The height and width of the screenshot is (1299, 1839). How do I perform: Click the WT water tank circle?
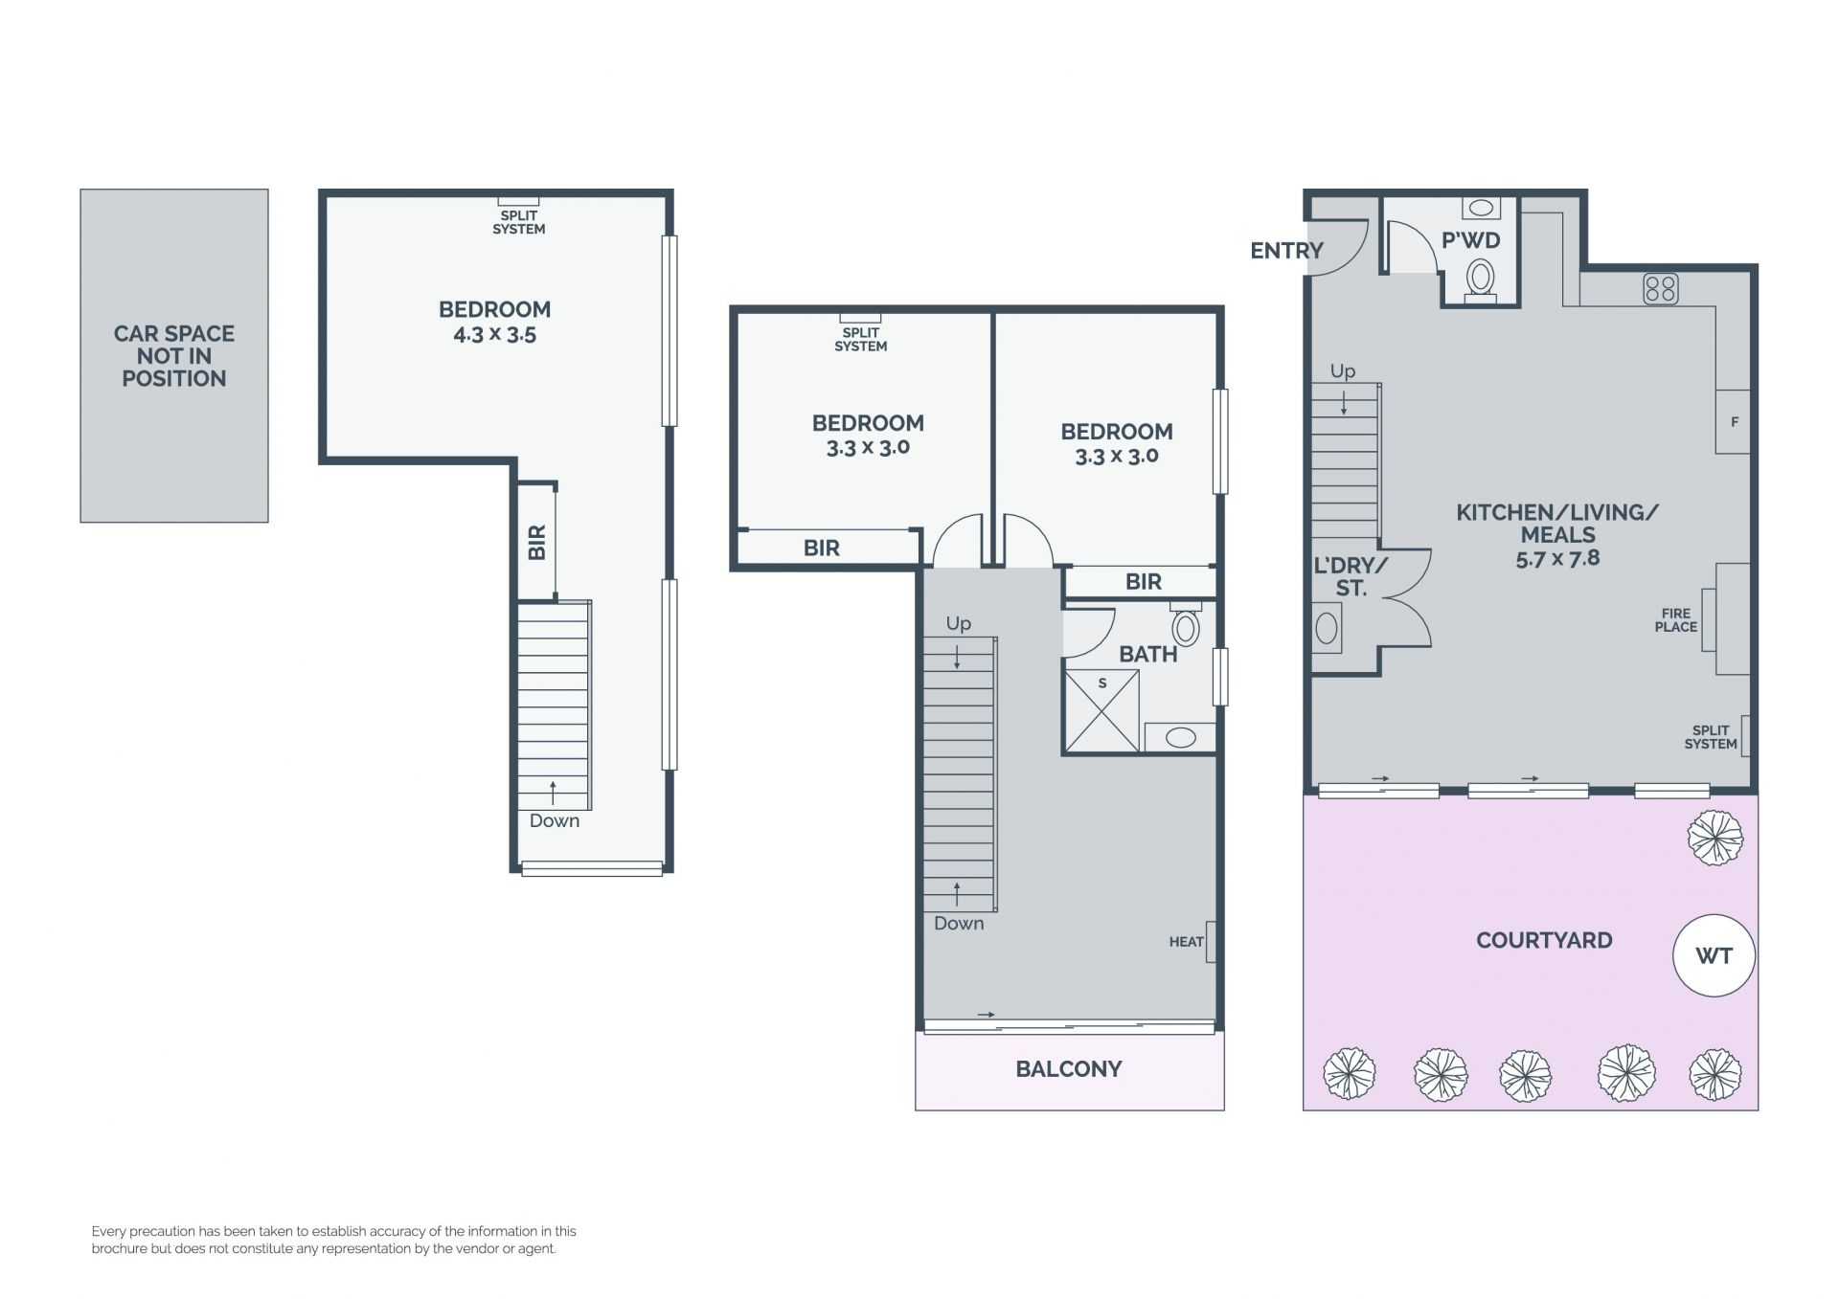pos(1714,955)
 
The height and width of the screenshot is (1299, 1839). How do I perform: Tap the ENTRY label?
pos(1286,251)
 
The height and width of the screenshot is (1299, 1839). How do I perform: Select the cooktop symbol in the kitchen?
pos(1660,289)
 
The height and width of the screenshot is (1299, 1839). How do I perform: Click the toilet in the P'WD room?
pos(1481,279)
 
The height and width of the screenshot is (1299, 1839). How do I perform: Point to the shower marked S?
pos(1101,709)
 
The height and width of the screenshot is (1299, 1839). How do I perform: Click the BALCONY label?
pos(1069,1069)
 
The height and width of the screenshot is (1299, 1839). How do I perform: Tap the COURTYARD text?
pos(1544,940)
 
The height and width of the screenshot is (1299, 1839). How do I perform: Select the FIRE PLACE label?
pos(1675,620)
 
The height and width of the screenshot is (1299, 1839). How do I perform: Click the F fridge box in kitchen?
pos(1733,421)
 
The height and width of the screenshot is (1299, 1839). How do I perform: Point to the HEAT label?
pos(1186,942)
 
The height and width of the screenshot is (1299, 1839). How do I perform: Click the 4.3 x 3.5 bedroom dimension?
pos(494,335)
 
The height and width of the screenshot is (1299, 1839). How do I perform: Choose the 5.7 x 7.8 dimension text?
pos(1557,558)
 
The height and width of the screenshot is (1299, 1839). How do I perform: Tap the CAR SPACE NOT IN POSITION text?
pos(174,356)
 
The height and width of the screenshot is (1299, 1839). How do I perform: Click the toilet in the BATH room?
pos(1186,625)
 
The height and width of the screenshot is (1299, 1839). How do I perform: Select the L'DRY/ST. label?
pos(1351,577)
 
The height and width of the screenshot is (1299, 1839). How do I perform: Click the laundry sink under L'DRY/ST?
pos(1327,628)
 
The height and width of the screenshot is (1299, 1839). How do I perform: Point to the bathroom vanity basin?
pos(1180,737)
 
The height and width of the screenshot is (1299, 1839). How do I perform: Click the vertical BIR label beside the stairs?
pos(536,542)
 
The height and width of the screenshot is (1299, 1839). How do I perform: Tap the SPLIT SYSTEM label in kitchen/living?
pos(1711,737)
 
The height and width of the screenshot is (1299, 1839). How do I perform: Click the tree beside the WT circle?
pos(1714,839)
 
